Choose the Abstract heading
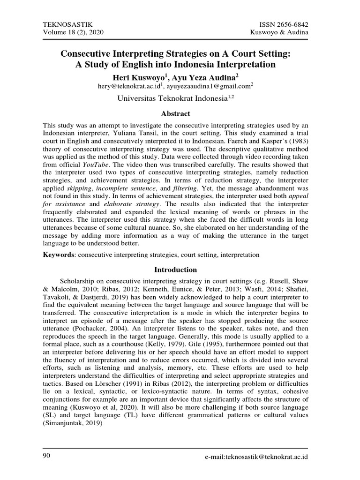tap(176, 113)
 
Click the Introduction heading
tap(176, 270)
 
